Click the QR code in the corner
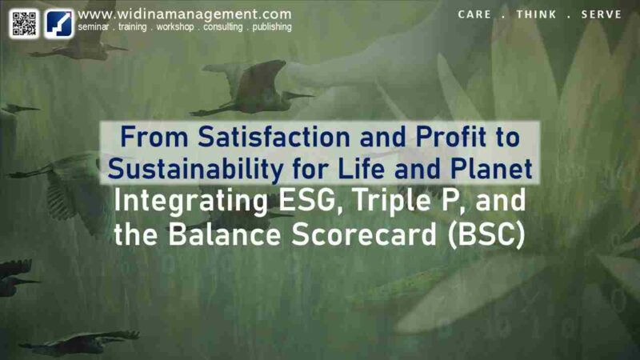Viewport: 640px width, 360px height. (24, 24)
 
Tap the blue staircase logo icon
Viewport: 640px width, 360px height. (58, 24)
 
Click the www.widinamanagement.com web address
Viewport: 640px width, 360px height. (185, 14)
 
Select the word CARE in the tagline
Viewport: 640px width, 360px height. (474, 14)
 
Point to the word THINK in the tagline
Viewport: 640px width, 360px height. (536, 14)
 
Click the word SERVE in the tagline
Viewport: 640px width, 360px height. (602, 14)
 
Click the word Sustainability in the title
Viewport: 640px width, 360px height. (195, 169)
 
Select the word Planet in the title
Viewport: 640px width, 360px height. (491, 169)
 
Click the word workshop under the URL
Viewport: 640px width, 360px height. (175, 27)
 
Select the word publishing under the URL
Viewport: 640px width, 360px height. (272, 27)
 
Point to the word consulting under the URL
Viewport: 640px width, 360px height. (223, 27)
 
